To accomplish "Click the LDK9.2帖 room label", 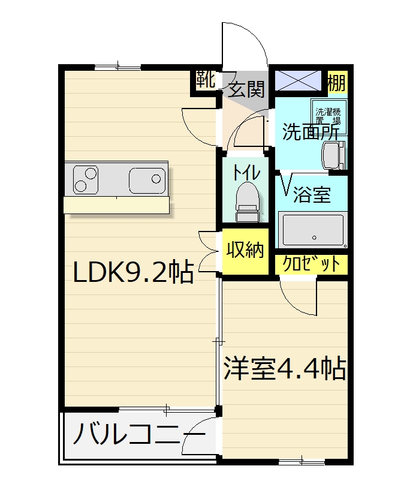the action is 134,272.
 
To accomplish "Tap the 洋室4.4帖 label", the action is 285,368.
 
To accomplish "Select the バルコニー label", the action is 139,434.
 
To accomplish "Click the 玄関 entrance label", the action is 246,89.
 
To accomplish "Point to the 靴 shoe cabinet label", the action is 206,79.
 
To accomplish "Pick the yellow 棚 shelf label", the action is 337,83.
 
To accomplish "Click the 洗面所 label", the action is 311,132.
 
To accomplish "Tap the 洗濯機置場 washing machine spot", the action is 328,116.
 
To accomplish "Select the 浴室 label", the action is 312,194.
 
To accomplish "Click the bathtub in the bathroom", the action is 313,230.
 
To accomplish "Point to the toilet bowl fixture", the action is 248,202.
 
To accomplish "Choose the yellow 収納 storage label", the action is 245,249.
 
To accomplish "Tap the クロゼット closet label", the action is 311,264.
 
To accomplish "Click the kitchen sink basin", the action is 147,181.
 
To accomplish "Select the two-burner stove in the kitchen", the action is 86,180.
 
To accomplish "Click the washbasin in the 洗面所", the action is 334,155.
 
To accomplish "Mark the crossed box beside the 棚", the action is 299,80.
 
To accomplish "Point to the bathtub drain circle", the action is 315,238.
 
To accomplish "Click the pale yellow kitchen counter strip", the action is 116,205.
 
